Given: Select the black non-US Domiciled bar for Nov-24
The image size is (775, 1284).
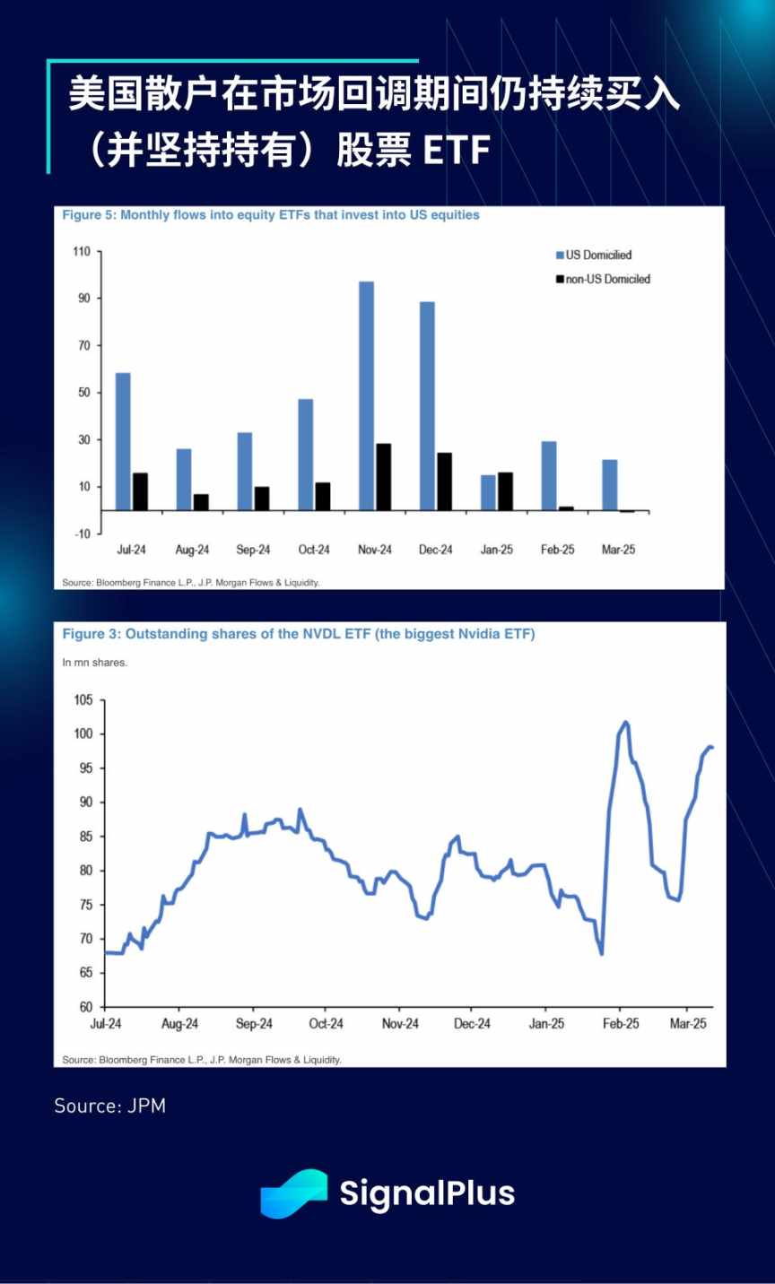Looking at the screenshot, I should click(x=383, y=476).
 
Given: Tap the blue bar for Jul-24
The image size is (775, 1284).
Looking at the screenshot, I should click(x=123, y=441).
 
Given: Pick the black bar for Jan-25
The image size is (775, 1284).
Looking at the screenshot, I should click(x=505, y=490).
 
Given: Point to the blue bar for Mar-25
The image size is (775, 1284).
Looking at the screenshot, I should click(x=610, y=484).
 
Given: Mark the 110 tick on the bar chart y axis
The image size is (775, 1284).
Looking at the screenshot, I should click(x=82, y=251).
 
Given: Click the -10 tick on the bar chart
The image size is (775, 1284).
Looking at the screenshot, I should click(x=82, y=534).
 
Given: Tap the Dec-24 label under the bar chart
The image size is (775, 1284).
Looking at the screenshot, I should click(x=436, y=550).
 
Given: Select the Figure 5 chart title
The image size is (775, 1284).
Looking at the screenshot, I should click(x=271, y=215).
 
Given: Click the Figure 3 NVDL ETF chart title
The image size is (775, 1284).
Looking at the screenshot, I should click(x=298, y=634).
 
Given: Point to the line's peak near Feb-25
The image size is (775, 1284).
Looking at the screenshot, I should click(x=625, y=722).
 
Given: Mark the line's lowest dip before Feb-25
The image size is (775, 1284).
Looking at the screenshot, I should click(x=601, y=953).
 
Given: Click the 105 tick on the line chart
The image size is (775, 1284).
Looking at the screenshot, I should click(x=83, y=700).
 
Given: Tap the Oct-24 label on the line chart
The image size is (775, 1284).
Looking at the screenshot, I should click(x=326, y=1023).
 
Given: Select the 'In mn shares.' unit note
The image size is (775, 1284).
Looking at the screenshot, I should click(x=95, y=663).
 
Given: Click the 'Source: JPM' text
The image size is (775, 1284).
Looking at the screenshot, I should click(x=110, y=1106).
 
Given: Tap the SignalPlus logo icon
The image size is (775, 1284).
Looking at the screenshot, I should click(x=293, y=1193).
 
